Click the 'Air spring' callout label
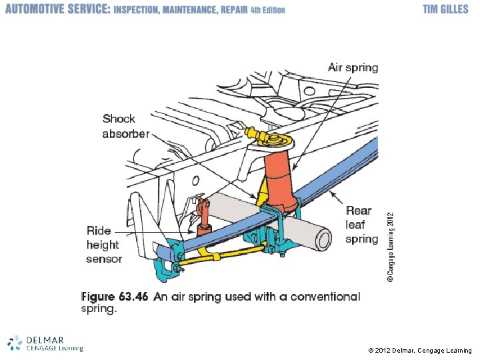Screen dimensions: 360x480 353,67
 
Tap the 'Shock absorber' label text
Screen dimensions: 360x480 125,126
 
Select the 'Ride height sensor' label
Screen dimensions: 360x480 104,245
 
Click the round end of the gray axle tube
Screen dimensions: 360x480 323,239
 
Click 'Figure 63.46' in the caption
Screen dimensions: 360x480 114,297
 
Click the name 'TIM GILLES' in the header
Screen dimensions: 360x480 446,9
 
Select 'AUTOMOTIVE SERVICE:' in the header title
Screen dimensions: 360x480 57,9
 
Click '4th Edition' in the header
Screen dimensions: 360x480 268,10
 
